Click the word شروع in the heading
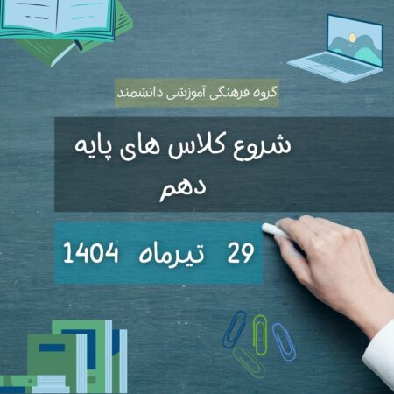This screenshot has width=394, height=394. point(262,147)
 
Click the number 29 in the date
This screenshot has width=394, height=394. point(241,253)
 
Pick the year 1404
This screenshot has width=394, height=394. point(91,253)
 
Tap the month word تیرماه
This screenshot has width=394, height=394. point(172,253)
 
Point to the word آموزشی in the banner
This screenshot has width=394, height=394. point(186,94)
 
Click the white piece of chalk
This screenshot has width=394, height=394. point(274,229)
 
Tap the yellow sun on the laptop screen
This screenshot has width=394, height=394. point(353,38)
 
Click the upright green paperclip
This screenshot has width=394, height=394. point(259,334)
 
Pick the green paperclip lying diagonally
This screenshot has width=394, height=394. point(249,362)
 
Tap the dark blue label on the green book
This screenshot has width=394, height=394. point(52,348)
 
